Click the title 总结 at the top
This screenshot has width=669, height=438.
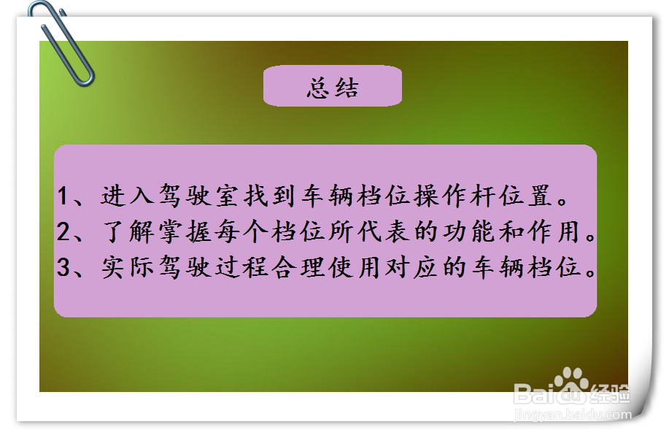click(333, 88)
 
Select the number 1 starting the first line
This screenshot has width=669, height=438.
click(63, 196)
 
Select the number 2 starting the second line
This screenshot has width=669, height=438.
click(63, 232)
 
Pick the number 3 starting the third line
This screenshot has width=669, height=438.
click(63, 267)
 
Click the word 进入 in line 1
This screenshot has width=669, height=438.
click(127, 196)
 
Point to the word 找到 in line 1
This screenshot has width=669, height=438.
click(270, 196)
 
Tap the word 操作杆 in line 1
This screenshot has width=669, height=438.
click(455, 196)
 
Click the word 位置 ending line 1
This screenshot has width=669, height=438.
click(525, 196)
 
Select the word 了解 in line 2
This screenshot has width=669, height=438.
click(128, 232)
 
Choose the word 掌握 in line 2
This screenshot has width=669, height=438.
click(185, 232)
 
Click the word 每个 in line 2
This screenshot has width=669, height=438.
click(241, 232)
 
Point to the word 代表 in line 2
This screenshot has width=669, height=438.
click(384, 232)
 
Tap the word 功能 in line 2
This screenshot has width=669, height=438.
click(469, 232)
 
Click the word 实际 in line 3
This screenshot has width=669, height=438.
click(128, 267)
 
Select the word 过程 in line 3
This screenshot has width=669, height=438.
click(241, 267)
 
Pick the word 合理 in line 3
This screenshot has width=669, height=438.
click(298, 267)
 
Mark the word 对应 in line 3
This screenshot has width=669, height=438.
click(412, 267)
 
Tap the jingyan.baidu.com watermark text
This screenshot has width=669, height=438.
click(573, 414)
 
